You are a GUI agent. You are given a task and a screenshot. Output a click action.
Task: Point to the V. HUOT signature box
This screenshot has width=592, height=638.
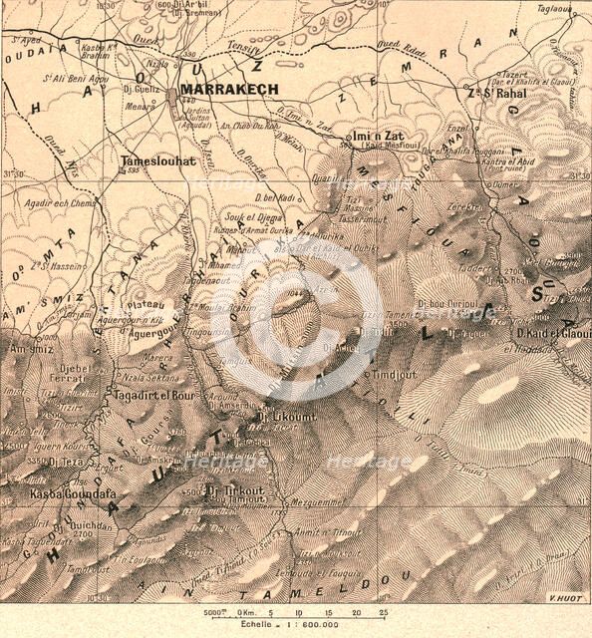pyautogui.click(x=564, y=598)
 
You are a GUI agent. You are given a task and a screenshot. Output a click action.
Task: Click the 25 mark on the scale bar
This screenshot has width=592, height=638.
pyautogui.click(x=384, y=613)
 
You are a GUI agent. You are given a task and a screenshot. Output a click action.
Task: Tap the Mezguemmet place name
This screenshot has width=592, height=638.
pyautogui.click(x=317, y=503)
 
